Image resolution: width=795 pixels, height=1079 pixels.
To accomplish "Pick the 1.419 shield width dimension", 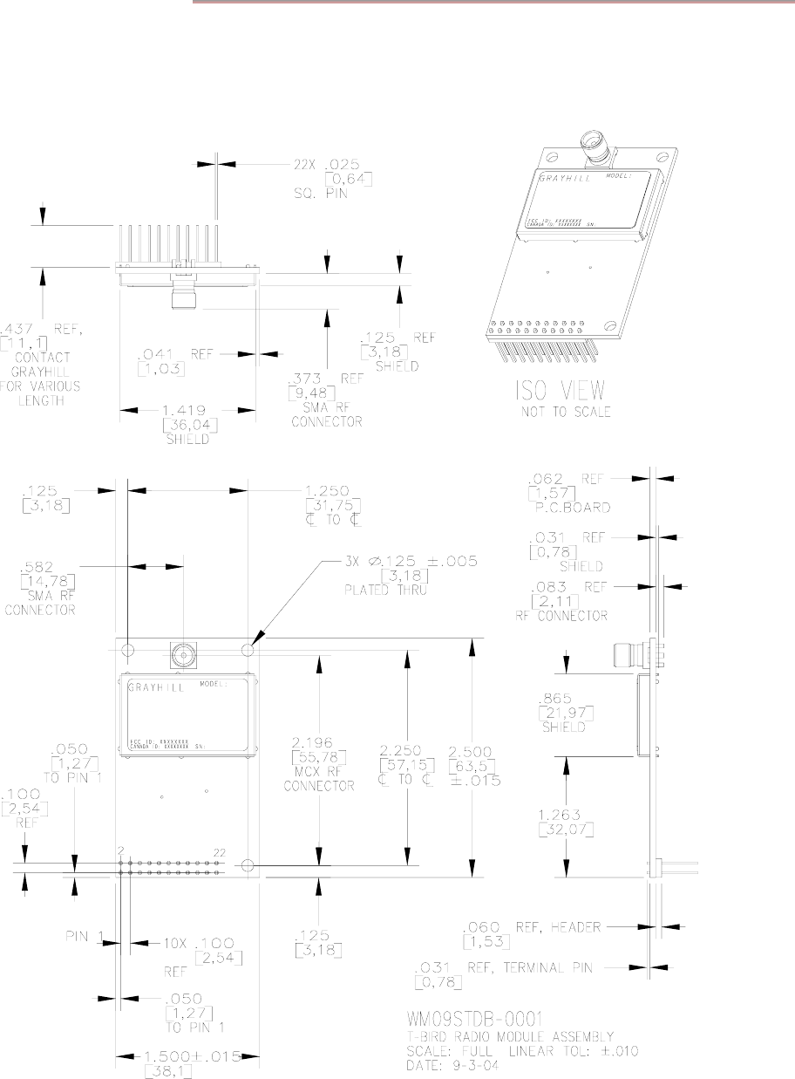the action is [x=187, y=408].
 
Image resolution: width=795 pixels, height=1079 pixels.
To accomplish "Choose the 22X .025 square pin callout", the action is [x=313, y=162].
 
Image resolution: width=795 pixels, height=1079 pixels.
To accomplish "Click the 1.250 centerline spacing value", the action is [x=332, y=491].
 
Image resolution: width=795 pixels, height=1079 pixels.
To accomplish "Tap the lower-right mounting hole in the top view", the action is [x=247, y=865].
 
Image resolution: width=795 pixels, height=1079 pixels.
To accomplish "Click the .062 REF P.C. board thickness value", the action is [x=561, y=477].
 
